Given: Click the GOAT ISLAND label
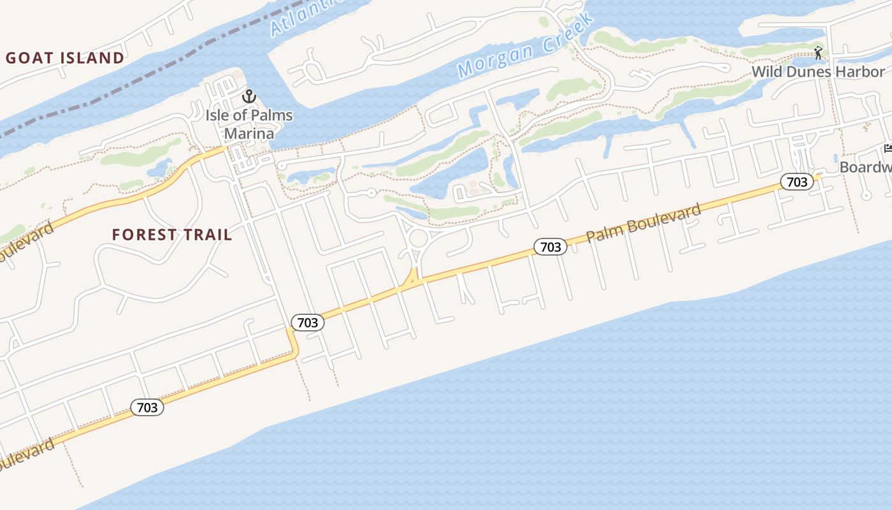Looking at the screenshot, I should pos(65,58).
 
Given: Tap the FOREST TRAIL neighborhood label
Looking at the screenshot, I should pos(172,235).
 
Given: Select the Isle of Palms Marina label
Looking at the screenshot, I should pos(249,124).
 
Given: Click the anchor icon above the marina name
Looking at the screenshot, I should pos(249,98).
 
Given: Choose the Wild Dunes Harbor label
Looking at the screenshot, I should pos(818,71).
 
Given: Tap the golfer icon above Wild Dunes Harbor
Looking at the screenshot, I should pos(819,53).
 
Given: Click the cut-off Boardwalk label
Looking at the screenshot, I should pos(865,167).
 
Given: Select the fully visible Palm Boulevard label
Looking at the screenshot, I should pos(644,222).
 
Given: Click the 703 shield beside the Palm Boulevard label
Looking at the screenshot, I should pos(550,247).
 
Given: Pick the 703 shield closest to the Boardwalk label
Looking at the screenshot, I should pos(796,182).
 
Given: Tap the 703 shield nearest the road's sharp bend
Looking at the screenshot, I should pos(307,323).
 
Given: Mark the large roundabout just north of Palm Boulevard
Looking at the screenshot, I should pos(419,239).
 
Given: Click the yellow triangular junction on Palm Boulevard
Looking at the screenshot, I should pos(412,279).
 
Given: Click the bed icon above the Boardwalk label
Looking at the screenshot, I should pos(888,149).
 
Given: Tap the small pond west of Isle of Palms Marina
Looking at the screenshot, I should pos(157,168).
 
